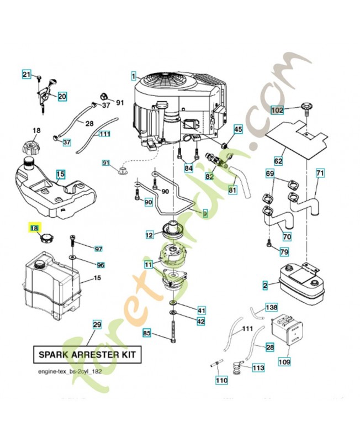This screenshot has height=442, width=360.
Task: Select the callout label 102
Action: [x=278, y=110]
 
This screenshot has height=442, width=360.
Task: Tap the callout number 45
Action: [x=238, y=129]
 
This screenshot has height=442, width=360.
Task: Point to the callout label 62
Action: [x=278, y=161]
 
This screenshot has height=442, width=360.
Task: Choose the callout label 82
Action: [x=209, y=176]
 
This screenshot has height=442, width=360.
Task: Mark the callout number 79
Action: [x=284, y=252]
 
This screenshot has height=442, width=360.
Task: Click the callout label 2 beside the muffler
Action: [x=265, y=286]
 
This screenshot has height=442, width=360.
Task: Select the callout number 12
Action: [x=149, y=235]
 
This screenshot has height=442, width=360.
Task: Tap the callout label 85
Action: [x=147, y=333]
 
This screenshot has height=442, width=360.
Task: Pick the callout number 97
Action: [x=99, y=249]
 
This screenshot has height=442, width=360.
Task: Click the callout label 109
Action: [x=284, y=362]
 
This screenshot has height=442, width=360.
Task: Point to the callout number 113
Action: [x=258, y=367]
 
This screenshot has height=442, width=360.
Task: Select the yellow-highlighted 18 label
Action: [x=34, y=227]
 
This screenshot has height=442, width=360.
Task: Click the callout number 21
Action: [x=27, y=75]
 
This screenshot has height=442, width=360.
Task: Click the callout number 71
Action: [x=320, y=173]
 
